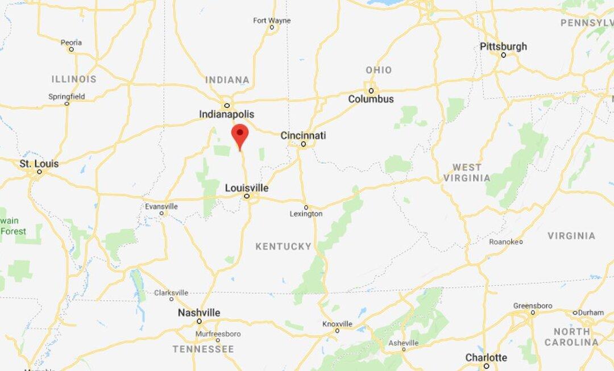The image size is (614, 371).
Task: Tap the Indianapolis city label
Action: pyautogui.click(x=226, y=114)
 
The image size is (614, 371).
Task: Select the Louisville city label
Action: pyautogui.click(x=247, y=187)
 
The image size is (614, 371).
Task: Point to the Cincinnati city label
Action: pyautogui.click(x=303, y=135)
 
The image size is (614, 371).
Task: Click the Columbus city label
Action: pyautogui.click(x=371, y=99)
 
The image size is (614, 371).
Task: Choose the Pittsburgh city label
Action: pyautogui.click(x=503, y=46)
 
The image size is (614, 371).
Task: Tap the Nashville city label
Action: pyautogui.click(x=198, y=312)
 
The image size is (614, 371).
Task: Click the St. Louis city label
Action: pyautogui.click(x=39, y=164)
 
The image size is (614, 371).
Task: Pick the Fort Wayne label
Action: pyautogui.click(x=272, y=20)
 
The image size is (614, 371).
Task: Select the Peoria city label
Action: pyautogui.click(x=71, y=42)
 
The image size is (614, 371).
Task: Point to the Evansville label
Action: pyautogui.click(x=161, y=206)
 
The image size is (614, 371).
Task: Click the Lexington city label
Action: pyautogui.click(x=306, y=214)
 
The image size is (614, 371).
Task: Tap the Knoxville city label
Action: pyautogui.click(x=337, y=323)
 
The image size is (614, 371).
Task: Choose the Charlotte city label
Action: pyautogui.click(x=486, y=357)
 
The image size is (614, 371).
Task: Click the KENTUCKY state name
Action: pyautogui.click(x=283, y=246)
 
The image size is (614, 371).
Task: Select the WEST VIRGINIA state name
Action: pyautogui.click(x=471, y=172)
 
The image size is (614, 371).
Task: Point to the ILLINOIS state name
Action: pyautogui.click(x=74, y=79)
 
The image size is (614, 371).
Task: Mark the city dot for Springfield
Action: pyautogui.click(x=67, y=103)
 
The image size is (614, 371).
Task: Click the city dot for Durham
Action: pyautogui.click(x=575, y=312)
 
